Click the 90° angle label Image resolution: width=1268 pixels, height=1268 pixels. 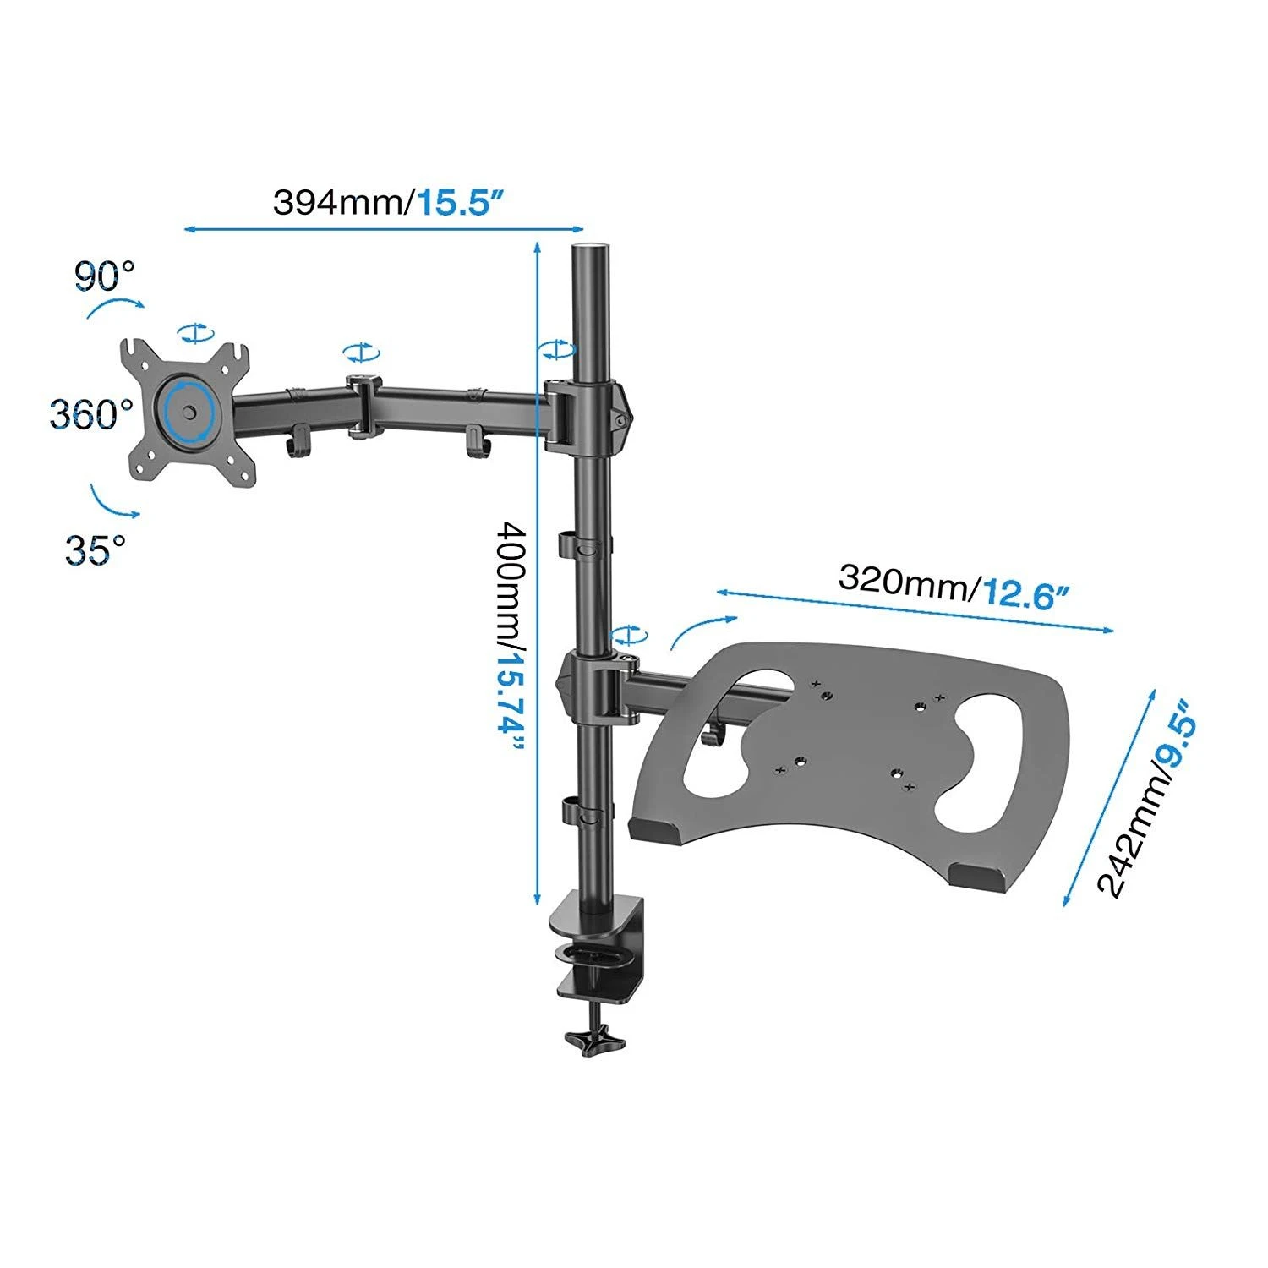click(x=104, y=276)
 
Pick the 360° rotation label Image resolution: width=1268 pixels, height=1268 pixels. click(x=91, y=414)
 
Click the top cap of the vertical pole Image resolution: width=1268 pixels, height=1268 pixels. click(x=592, y=251)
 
